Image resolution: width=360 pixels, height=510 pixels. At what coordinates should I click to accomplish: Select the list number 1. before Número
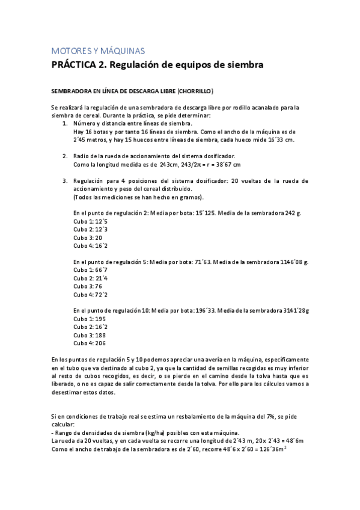click(x=65, y=123)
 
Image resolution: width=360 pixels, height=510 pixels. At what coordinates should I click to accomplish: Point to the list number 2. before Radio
click(x=65, y=156)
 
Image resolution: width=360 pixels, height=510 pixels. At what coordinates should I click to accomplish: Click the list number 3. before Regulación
click(x=65, y=180)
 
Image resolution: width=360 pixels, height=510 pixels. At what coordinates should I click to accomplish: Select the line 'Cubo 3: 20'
click(x=88, y=238)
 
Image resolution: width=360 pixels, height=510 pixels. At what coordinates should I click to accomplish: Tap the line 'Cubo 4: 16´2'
click(x=91, y=245)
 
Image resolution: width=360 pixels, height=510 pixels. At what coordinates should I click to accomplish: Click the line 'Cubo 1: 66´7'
click(x=91, y=271)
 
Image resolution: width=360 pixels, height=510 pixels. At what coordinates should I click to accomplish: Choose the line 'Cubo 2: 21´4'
click(x=91, y=278)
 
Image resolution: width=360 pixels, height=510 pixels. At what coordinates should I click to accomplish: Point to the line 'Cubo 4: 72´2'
click(x=91, y=295)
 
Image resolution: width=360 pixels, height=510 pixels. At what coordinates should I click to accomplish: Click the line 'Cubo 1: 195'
click(x=90, y=319)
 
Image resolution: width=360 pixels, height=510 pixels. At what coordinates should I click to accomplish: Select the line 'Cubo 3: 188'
click(x=90, y=336)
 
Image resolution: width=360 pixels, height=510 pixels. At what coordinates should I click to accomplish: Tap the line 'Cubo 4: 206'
click(x=90, y=343)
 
